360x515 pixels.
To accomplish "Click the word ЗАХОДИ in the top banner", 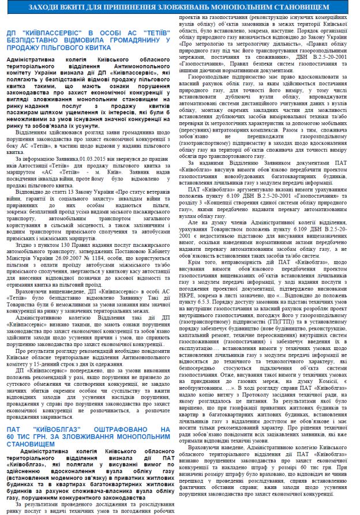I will coord(69,6).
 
